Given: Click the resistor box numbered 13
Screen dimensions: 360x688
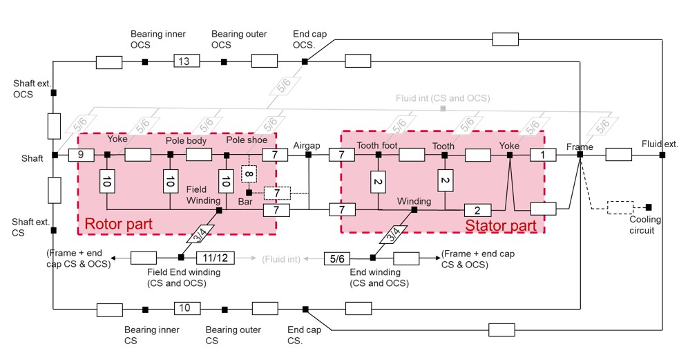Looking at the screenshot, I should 184,62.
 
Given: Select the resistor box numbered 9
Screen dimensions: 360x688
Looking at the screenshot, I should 81,155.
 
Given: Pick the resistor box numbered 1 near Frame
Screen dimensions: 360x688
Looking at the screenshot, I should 543,155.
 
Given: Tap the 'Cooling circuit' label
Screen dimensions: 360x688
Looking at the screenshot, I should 645,225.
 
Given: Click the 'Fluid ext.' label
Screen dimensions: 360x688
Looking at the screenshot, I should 660,144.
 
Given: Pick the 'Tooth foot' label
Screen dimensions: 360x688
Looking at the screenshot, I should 376,146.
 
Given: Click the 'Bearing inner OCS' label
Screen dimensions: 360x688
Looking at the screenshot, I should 149,39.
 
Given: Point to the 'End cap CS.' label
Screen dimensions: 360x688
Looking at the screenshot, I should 304,335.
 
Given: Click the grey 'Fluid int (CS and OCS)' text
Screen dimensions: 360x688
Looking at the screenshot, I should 443,98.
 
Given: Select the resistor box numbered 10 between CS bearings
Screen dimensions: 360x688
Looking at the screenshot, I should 184,308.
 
